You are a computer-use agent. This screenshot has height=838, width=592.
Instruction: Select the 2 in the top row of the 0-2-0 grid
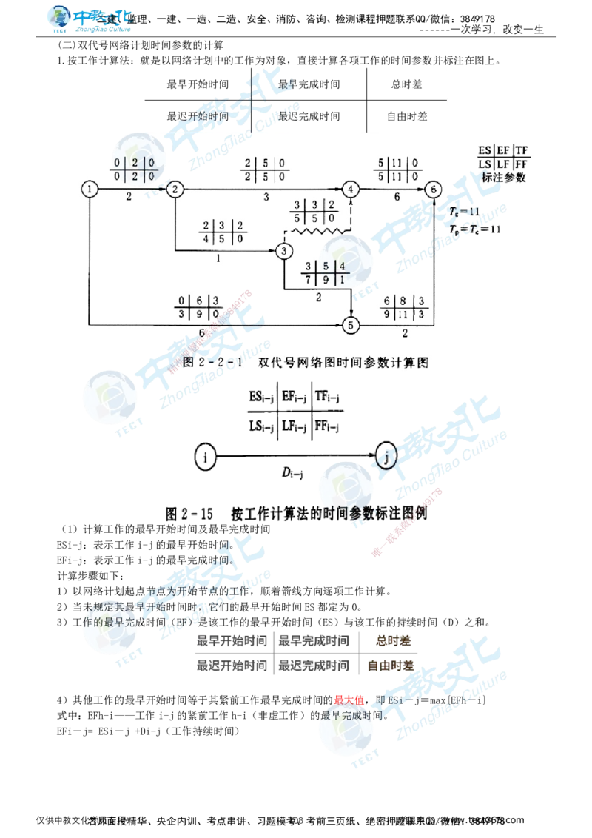pos(135,162)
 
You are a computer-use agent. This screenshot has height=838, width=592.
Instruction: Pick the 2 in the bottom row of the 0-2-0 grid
pos(135,176)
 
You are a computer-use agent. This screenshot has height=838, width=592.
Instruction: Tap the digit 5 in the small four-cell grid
pos(326,266)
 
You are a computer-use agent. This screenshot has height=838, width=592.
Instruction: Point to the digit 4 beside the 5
pos(342,266)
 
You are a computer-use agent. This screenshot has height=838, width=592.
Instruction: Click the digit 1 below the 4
pos(342,280)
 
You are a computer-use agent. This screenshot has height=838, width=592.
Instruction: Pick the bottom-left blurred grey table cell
pos(233,664)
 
